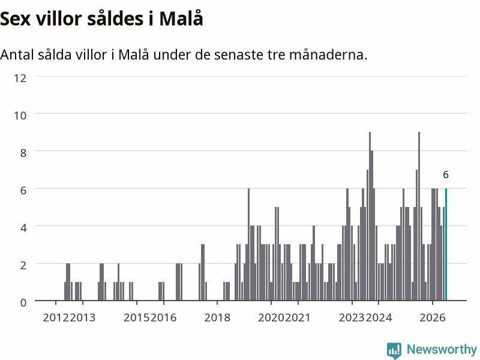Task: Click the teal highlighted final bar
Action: coord(446,244)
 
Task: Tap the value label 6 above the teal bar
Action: coord(446,175)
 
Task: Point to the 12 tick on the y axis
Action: coord(20,78)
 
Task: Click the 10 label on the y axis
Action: coord(20,115)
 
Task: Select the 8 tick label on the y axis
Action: coord(23,153)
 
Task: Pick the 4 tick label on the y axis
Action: coord(23,228)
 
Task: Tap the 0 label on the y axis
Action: coord(23,302)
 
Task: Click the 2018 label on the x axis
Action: coord(217,317)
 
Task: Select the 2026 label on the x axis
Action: coord(432,317)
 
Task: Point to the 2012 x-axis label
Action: coord(56,317)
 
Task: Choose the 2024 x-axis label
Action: coord(379,317)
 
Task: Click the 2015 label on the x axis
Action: coord(137,317)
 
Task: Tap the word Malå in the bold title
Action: coord(181,19)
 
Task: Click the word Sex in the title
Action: coord(16,19)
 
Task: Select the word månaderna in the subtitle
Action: coord(328,55)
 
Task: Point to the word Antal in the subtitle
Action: coord(17,55)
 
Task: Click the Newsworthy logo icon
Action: coord(394,350)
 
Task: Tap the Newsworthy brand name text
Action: coord(442,349)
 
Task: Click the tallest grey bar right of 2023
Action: coord(370,216)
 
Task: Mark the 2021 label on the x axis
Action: coord(298,317)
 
